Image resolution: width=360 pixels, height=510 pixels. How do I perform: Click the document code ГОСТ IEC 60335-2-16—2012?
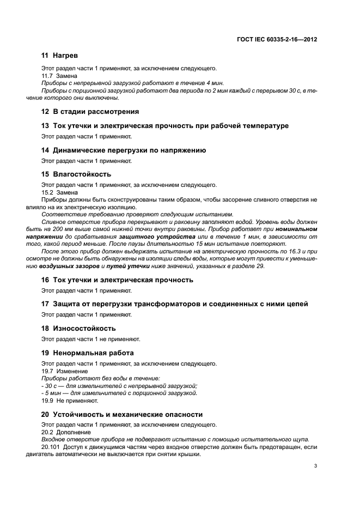[x=278, y=39]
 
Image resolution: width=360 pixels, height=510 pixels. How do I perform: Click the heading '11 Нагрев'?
[x=60, y=56]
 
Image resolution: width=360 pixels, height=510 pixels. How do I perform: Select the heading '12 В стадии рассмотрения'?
[x=90, y=112]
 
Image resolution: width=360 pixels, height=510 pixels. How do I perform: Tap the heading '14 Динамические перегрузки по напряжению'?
[x=124, y=150]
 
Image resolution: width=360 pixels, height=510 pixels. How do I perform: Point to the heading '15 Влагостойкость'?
[x=76, y=174]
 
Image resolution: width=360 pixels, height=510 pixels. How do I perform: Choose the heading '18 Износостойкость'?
[x=78, y=329]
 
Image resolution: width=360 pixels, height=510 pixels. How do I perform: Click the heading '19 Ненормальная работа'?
[x=87, y=353]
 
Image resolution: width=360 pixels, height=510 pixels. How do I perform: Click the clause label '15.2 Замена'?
[x=59, y=192]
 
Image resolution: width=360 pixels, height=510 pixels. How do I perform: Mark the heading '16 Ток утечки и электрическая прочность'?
[x=117, y=280]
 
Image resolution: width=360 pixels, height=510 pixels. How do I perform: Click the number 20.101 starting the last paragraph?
[x=52, y=447]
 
